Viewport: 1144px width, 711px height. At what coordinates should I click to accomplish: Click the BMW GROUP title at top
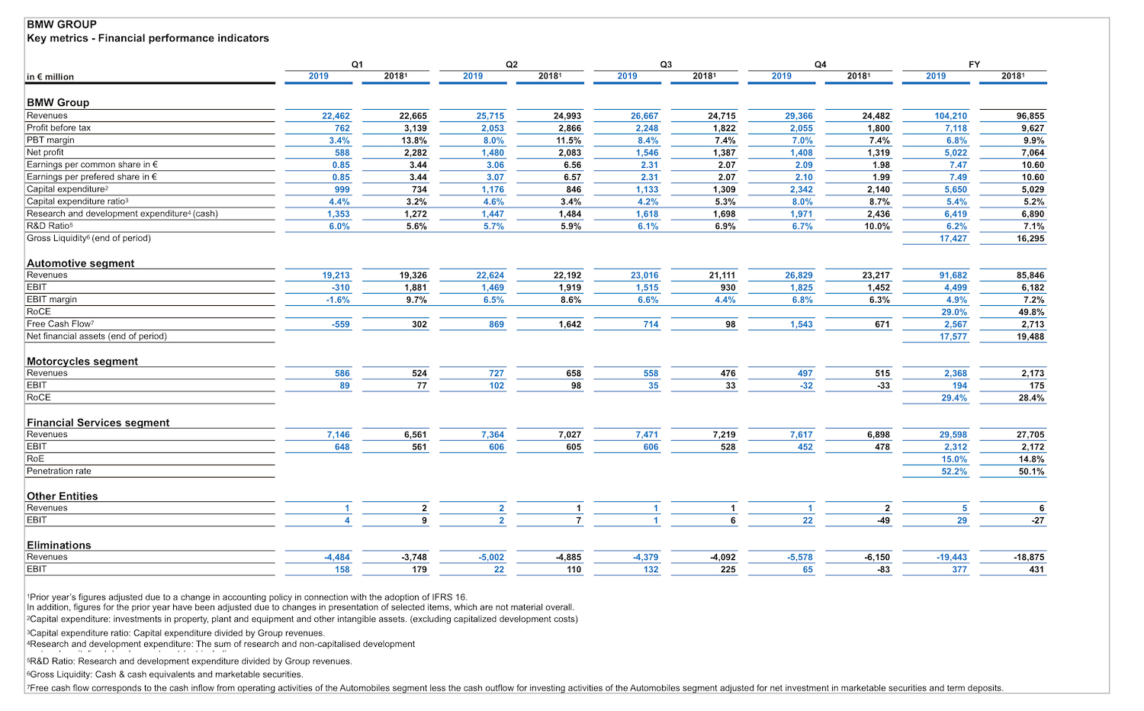(x=61, y=24)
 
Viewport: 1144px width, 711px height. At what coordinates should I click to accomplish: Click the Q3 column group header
(x=666, y=64)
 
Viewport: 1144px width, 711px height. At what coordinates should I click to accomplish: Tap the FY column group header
(x=974, y=64)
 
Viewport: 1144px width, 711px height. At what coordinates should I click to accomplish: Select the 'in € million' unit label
(x=50, y=76)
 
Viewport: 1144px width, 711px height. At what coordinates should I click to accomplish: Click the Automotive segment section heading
(x=80, y=263)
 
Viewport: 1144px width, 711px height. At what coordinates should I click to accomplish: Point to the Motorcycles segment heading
(x=82, y=361)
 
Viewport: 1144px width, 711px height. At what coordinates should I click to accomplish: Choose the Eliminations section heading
(x=59, y=545)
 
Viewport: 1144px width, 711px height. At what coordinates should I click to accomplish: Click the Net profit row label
(x=45, y=153)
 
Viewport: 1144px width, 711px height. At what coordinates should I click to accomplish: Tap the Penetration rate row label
(x=59, y=471)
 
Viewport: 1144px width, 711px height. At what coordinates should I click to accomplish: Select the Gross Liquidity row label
(x=88, y=238)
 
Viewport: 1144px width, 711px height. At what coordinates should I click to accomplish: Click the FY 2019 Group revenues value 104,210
(x=950, y=116)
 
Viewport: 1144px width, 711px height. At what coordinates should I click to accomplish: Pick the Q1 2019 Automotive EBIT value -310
(x=340, y=288)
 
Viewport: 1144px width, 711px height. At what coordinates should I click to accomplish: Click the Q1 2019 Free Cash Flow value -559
(x=340, y=324)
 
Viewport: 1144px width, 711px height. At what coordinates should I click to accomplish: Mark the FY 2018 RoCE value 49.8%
(x=1031, y=312)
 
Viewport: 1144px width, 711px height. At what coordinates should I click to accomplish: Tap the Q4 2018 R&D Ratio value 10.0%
(x=877, y=227)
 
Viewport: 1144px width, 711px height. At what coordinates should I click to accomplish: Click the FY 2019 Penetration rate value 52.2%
(x=954, y=471)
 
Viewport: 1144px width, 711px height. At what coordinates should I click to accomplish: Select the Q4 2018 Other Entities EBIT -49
(x=883, y=520)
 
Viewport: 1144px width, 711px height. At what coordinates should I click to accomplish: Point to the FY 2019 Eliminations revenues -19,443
(x=952, y=557)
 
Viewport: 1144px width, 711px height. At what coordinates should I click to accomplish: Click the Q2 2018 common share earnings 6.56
(x=572, y=165)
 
